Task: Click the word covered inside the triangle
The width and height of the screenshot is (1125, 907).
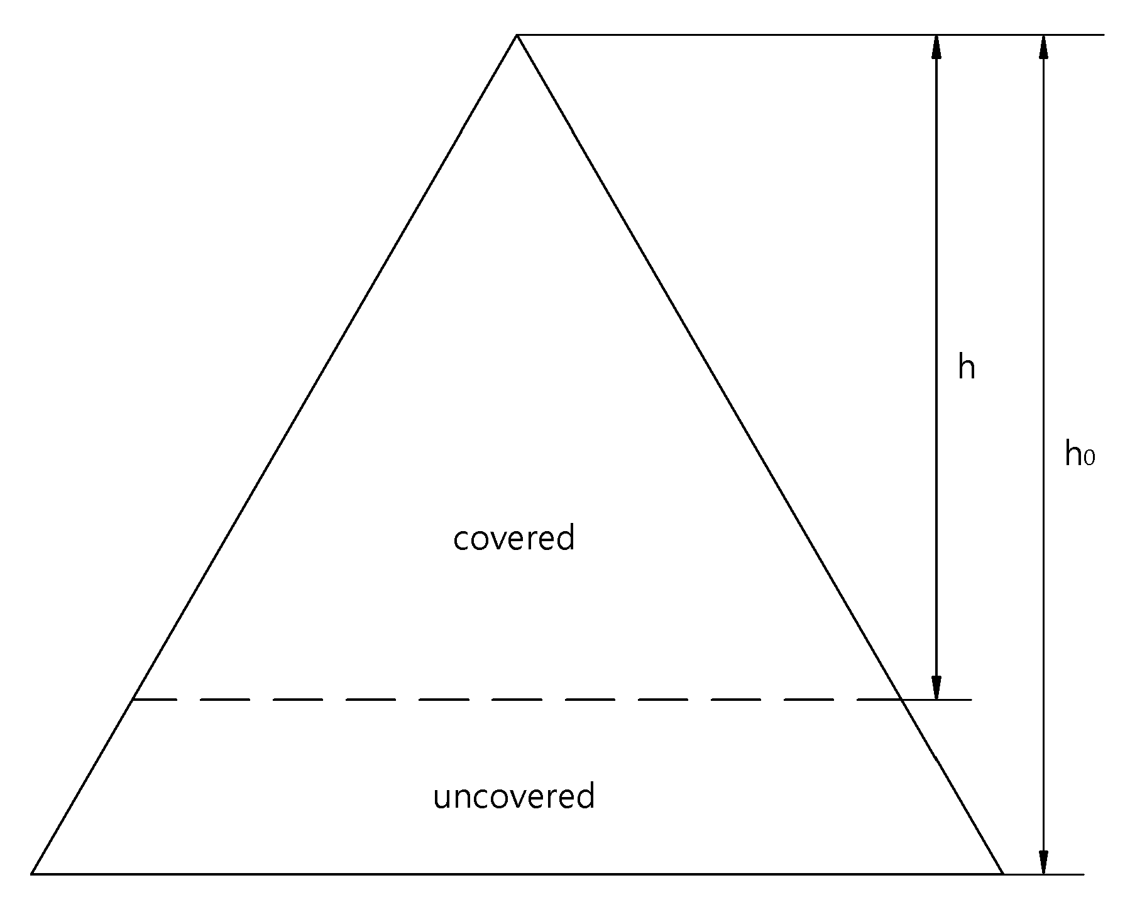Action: pos(514,537)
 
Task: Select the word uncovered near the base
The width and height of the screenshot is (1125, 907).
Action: pos(514,796)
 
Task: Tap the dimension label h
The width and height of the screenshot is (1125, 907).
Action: pos(967,367)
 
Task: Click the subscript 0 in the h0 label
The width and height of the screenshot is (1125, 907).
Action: pos(1090,458)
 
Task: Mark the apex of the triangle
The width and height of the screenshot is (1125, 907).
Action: pos(517,35)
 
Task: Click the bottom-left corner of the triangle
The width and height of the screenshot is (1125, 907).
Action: pos(31,874)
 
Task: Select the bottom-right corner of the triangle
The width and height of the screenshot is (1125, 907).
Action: pos(1003,874)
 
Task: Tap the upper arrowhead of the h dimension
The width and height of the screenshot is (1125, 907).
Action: pos(936,47)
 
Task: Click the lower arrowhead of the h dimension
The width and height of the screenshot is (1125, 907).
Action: pos(936,687)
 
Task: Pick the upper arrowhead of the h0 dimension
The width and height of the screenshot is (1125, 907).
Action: pos(1044,47)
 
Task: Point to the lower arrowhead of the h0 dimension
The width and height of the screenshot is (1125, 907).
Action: pos(1044,862)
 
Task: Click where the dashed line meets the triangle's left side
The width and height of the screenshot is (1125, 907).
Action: pos(133,700)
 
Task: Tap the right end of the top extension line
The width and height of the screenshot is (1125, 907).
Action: pos(1104,35)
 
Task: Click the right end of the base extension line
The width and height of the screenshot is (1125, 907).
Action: pos(1084,874)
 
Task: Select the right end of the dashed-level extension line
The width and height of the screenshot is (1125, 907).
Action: pos(972,700)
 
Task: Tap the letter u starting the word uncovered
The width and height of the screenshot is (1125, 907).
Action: pos(442,800)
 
